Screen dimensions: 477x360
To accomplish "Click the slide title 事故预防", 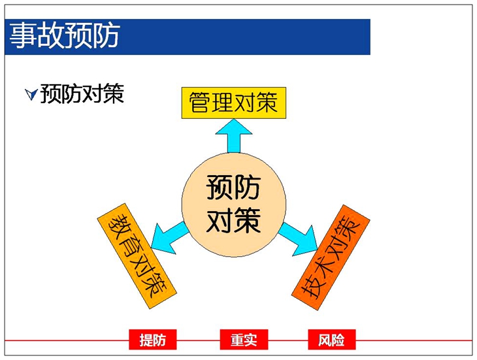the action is [65, 36].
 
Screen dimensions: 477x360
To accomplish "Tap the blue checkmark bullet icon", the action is [31, 95].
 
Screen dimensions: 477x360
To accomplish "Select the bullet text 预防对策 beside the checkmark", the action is [82, 93].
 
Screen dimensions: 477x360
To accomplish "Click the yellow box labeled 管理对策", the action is [234, 103].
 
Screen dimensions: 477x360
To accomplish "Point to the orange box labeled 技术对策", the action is [331, 257].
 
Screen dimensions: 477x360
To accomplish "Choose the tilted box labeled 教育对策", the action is [137, 256].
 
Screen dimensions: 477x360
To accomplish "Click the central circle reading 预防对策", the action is [234, 205].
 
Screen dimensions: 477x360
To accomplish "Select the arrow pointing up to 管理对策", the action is [234, 136].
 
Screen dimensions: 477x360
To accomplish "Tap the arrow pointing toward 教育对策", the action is [169, 237].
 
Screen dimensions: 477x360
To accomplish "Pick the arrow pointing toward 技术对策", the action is [299, 239].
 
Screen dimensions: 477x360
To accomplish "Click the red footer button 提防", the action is [153, 340].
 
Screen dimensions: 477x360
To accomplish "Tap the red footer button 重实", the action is [244, 340].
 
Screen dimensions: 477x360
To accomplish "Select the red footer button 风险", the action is [331, 340].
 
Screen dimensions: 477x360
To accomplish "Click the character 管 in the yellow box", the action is [199, 103].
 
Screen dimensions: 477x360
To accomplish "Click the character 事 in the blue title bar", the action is [23, 36].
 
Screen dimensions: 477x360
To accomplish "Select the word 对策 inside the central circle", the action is [233, 220].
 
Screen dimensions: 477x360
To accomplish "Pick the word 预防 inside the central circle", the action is [233, 188].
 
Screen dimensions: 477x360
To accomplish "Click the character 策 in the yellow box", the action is [267, 103].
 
